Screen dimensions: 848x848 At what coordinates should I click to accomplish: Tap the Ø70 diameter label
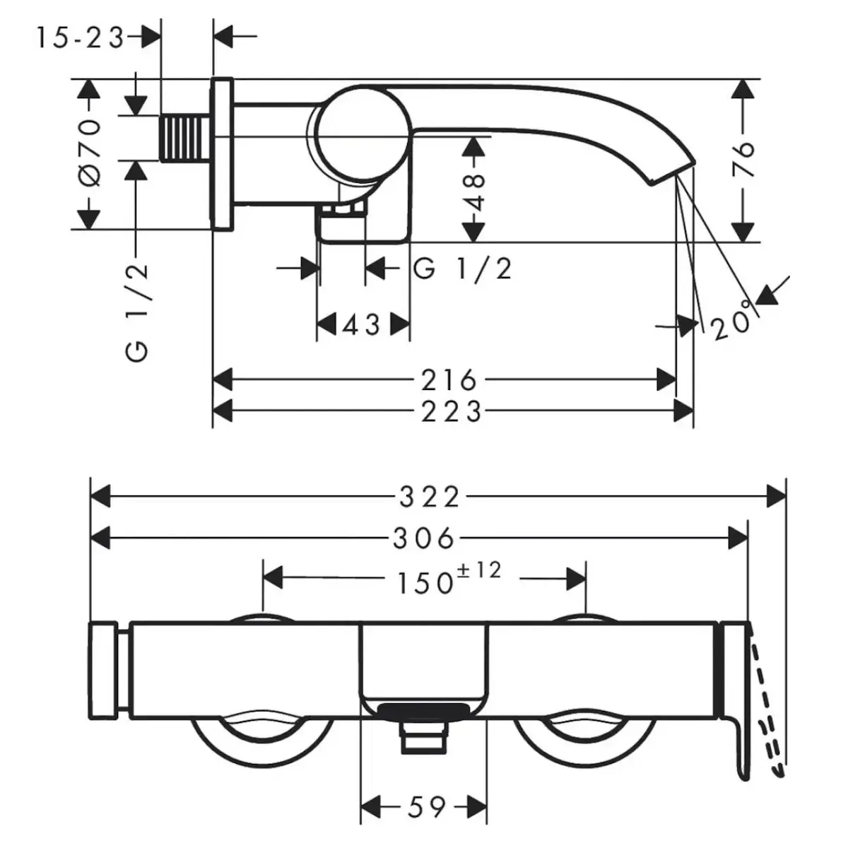90,153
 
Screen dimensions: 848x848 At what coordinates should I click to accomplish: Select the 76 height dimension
744,160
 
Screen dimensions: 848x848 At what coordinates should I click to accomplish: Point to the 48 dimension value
476,192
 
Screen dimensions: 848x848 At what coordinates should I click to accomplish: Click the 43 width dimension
362,325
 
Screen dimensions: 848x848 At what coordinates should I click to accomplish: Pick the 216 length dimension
449,381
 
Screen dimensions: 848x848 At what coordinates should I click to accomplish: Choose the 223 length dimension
452,411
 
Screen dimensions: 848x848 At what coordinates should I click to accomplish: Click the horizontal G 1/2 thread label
462,269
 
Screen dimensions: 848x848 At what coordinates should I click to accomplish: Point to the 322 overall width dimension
430,497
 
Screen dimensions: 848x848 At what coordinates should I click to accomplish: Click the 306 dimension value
424,539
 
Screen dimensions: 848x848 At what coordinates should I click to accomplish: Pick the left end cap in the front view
105,669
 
